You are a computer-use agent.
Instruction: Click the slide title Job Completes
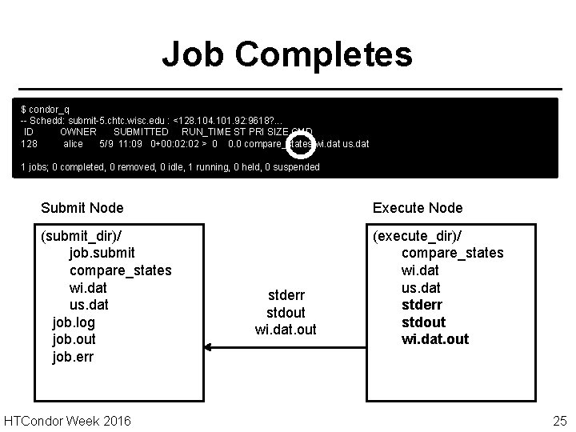287,55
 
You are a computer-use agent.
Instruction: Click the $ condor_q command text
45,108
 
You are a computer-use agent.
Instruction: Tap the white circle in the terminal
300,145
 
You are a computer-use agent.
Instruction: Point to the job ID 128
29,144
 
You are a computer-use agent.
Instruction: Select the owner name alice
73,144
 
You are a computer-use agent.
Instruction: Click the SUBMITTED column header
141,132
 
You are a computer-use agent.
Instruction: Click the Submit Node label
82,208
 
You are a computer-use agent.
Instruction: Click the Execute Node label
418,208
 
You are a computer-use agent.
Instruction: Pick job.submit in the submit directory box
102,252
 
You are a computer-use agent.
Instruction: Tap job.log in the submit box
73,322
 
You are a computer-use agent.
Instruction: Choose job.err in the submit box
72,357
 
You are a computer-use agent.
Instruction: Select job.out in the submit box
73,340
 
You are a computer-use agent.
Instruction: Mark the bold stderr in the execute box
422,305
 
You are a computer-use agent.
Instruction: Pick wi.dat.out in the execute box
435,339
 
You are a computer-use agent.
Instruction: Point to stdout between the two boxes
286,313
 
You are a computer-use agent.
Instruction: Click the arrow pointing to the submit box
240,347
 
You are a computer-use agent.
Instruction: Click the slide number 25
558,420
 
